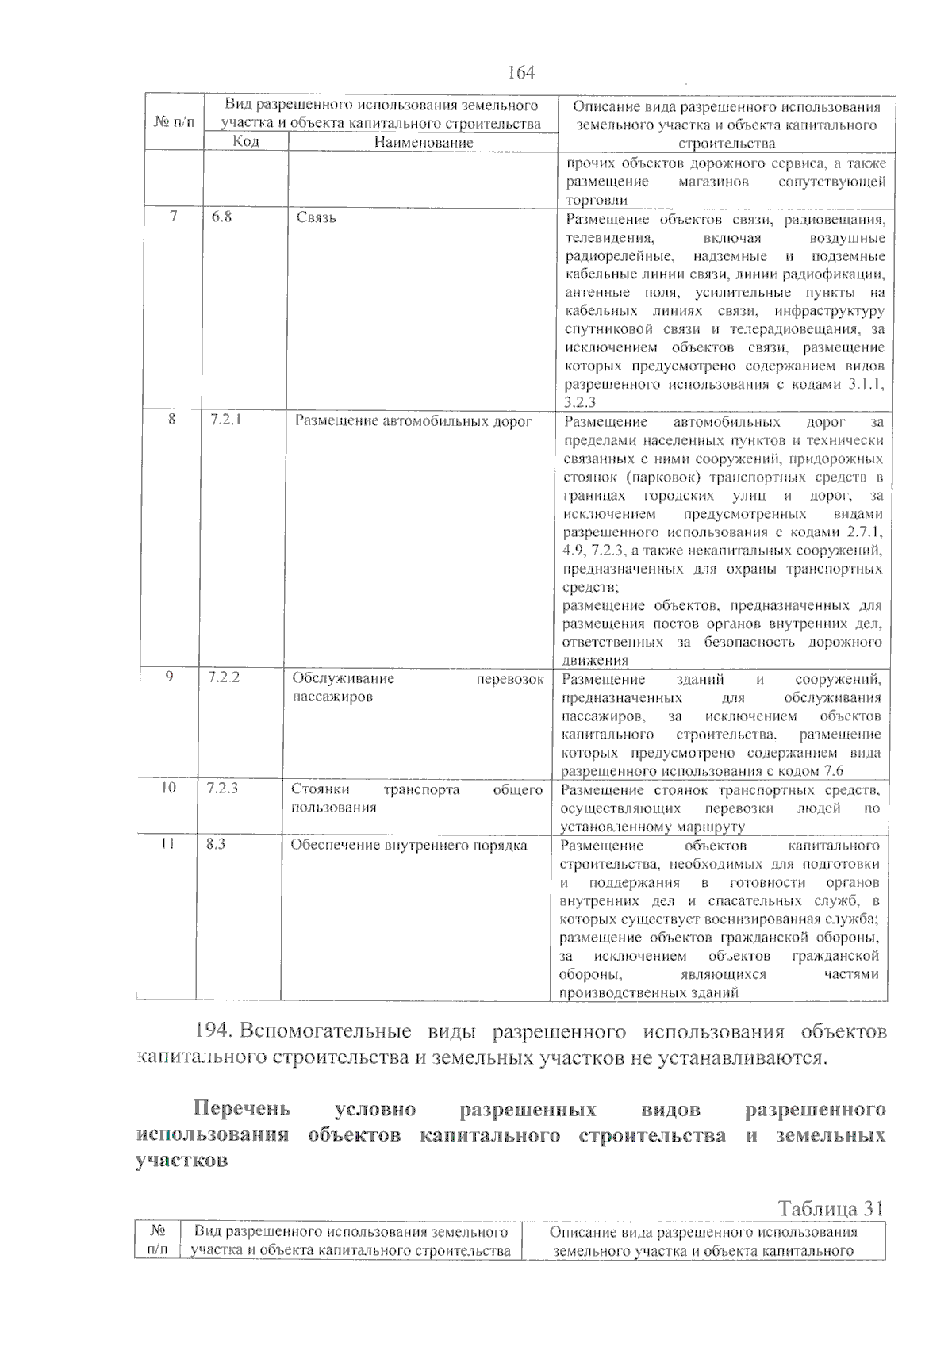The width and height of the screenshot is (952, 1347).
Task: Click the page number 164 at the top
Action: tap(520, 73)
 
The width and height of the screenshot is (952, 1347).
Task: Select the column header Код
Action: tap(246, 141)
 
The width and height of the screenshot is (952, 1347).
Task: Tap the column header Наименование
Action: tap(424, 142)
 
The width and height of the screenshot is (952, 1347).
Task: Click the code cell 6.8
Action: tap(222, 217)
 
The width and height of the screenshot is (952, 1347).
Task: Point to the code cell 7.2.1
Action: tap(226, 420)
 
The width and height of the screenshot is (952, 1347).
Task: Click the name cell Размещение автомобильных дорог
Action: tap(413, 421)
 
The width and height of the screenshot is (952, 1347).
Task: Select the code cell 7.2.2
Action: tap(224, 677)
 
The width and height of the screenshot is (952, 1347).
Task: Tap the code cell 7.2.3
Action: tap(222, 789)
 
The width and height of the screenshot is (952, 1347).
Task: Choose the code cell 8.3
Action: tap(216, 844)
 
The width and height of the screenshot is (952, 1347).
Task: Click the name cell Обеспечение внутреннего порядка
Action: tap(409, 846)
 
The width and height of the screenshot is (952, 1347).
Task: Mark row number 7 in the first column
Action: tap(173, 217)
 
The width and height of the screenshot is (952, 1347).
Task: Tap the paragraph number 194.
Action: tap(212, 1032)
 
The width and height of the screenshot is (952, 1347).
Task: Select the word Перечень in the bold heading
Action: tap(243, 1108)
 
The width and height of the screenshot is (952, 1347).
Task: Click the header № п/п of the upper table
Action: tap(174, 123)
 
